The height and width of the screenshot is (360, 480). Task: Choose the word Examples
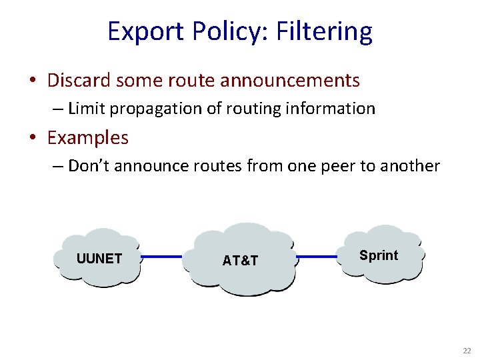(x=88, y=138)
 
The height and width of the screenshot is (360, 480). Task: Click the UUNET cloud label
(x=99, y=259)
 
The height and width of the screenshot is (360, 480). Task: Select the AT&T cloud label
(x=240, y=261)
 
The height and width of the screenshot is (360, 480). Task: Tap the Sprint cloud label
(x=378, y=255)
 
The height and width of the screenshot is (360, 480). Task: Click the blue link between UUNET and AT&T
(x=161, y=256)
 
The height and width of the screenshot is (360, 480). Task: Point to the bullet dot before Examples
(x=33, y=139)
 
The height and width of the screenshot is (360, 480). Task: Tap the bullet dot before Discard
(x=33, y=81)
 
